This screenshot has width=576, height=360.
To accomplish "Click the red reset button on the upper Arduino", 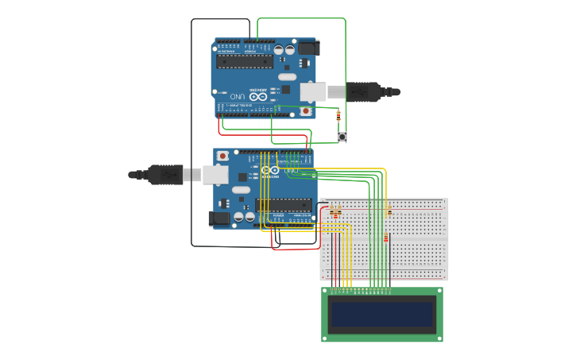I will (305, 111).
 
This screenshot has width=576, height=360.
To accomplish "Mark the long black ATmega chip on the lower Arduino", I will (283, 204).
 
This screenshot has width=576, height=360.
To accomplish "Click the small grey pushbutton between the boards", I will (342, 137).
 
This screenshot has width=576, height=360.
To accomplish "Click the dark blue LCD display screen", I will (382, 315).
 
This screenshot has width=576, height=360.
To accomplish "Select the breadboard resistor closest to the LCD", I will (386, 238).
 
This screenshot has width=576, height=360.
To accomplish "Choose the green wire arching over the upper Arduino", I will (302, 18).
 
